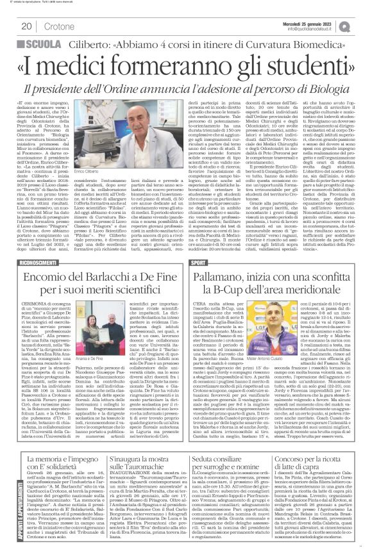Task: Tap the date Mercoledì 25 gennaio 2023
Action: tap(319, 22)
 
